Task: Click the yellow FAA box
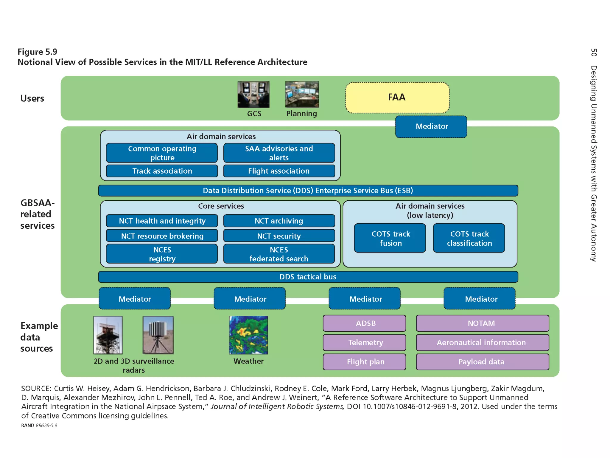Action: click(397, 98)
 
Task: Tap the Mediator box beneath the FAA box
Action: click(431, 126)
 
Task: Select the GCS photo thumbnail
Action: click(253, 95)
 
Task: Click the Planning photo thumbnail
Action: click(302, 94)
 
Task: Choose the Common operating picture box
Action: click(162, 153)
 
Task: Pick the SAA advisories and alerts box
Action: click(279, 153)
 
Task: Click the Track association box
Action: click(162, 171)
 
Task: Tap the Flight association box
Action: click(279, 171)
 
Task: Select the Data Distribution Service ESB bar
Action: click(308, 191)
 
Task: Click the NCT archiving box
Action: click(279, 221)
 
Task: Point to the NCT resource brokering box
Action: click(162, 236)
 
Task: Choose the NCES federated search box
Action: click(279, 254)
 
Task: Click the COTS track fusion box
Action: click(390, 238)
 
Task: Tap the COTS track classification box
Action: click(469, 238)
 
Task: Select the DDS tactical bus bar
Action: click(308, 277)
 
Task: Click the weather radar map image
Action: click(248, 335)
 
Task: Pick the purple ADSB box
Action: click(364, 323)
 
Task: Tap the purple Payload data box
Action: click(482, 362)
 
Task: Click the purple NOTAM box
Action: click(482, 323)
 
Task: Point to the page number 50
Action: click(594, 52)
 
